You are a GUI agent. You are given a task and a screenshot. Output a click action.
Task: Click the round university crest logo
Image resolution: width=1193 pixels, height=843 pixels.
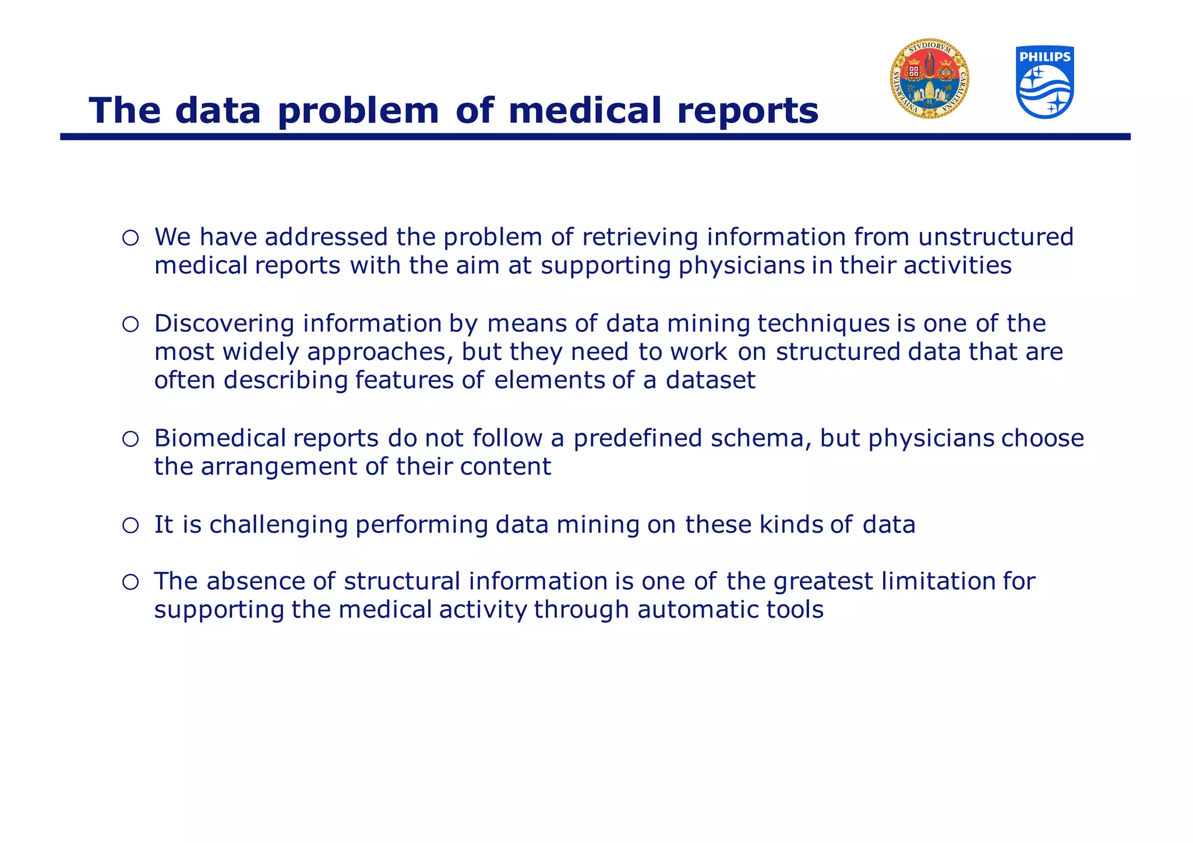[x=929, y=79]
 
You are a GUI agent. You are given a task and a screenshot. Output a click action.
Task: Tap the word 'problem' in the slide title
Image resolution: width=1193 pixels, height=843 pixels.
[x=358, y=111]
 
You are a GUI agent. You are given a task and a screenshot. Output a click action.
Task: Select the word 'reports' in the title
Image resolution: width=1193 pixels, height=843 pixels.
[x=747, y=111]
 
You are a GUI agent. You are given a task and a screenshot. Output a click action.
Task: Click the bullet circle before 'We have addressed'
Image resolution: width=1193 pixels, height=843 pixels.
[x=130, y=238]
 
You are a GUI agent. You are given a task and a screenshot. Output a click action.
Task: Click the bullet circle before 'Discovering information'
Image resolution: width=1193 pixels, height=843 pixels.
[x=130, y=324]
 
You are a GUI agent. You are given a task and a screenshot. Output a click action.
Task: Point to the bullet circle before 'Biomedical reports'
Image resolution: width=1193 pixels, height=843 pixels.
[x=130, y=439]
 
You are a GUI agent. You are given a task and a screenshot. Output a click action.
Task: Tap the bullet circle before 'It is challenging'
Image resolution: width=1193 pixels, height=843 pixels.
[x=130, y=526]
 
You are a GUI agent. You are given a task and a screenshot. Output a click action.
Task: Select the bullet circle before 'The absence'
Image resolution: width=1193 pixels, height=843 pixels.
[x=130, y=582]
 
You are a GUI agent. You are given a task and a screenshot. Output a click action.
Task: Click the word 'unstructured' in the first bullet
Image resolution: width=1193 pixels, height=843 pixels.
[x=996, y=237]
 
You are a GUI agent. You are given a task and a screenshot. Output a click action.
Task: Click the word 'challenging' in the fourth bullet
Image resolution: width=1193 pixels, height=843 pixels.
[x=278, y=525]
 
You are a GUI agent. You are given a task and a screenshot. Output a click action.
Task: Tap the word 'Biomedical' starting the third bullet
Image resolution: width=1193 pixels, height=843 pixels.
[x=220, y=438]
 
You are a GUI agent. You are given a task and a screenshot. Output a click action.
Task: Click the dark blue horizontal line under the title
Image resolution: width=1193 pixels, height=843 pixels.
[x=595, y=137]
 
